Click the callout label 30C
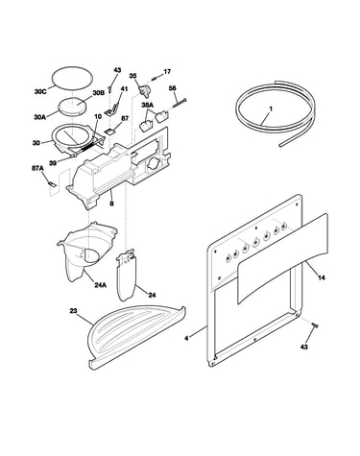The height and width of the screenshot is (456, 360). coord(40,92)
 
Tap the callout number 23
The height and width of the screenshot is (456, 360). coord(73,311)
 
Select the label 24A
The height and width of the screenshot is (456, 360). coord(100,285)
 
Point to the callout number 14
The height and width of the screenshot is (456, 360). coord(322,277)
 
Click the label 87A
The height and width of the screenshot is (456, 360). coord(36,168)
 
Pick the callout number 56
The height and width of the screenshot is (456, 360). coord(172,88)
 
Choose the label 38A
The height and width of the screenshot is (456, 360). coord(148,105)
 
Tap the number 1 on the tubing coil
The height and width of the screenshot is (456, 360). coord(271,108)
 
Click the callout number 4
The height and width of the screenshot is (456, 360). coord(186,338)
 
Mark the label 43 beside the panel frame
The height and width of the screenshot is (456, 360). coord(304,347)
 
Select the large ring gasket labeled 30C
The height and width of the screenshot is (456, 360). coord(73,77)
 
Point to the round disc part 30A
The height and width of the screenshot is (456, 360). coord(72,106)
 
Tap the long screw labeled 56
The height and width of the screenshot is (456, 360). coord(180,103)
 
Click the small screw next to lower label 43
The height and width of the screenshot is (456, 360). coord(315,325)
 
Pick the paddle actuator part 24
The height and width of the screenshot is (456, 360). coord(127,276)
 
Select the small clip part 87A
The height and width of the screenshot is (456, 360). coord(52,184)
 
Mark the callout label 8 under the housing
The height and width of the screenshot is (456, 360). coord(111,203)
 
